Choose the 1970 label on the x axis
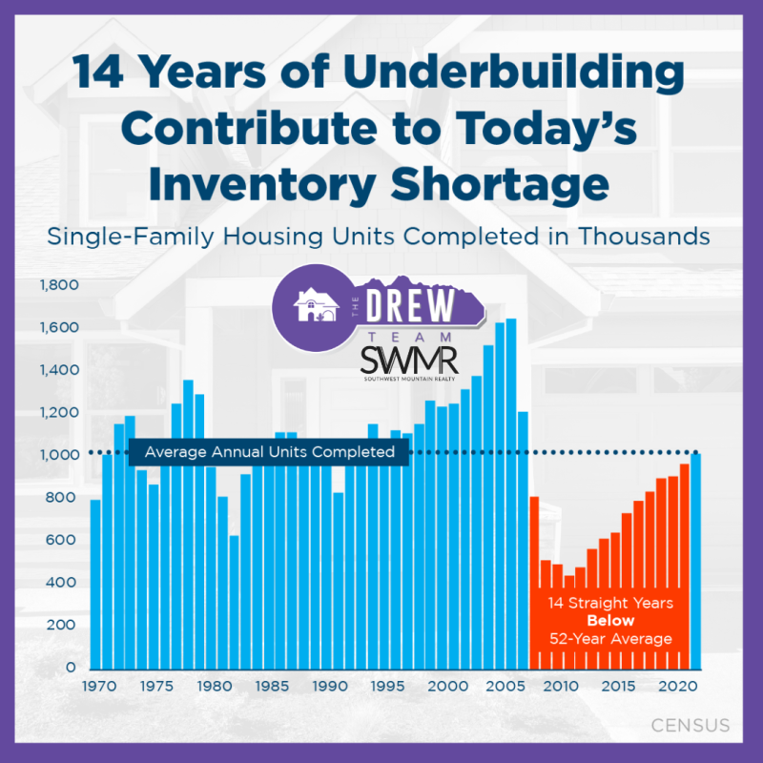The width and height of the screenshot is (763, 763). pos(95,686)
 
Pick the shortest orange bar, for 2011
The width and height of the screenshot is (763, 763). pos(569,621)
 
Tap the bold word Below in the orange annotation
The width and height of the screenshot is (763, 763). pos(609,621)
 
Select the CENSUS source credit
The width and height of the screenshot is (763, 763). pos(690,726)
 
